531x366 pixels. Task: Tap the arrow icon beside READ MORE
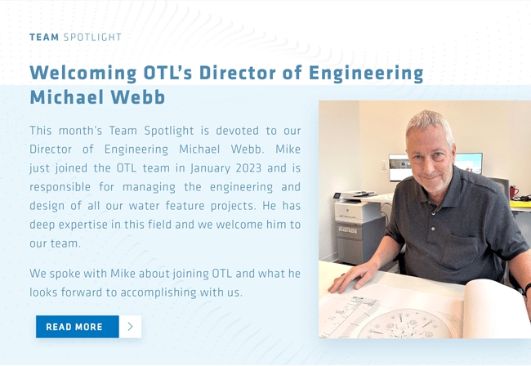click(131, 327)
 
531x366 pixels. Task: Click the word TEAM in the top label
click(44, 37)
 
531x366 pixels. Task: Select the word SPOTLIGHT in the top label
click(92, 37)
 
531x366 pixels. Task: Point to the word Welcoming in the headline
click(83, 74)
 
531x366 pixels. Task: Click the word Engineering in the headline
click(366, 74)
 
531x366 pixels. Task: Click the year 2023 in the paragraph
click(248, 168)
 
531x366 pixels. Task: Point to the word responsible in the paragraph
click(60, 188)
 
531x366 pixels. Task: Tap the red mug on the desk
click(514, 192)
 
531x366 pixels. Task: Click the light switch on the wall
click(384, 165)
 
